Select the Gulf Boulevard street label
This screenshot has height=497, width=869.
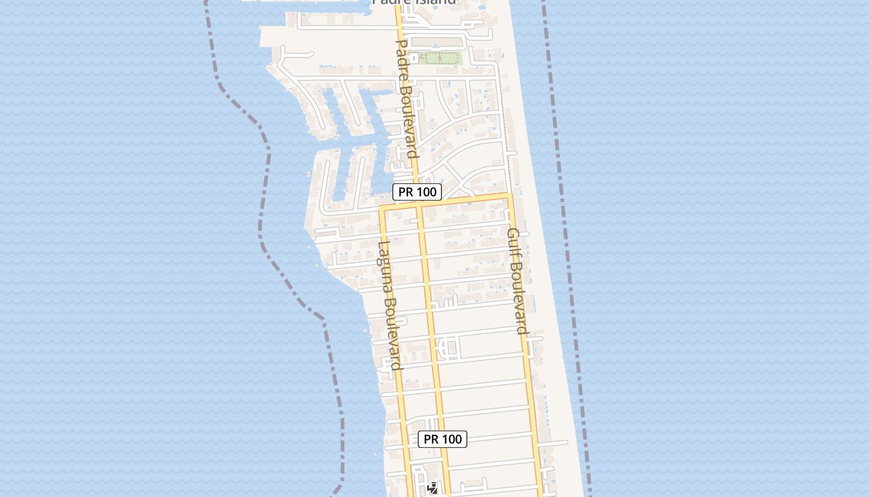coord(517,281)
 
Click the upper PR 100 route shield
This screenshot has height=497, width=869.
coord(418,192)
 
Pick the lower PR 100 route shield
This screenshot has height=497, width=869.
coord(443,439)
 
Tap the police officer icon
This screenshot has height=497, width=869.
coord(433,488)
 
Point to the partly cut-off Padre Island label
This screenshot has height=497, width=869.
coord(414,2)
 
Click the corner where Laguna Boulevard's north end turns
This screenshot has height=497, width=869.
coord(381,208)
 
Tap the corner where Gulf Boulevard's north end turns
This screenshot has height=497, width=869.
coord(510,196)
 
